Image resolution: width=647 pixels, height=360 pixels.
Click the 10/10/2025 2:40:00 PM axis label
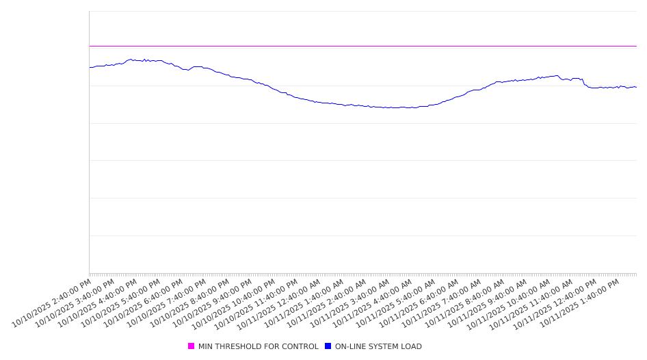point(51,302)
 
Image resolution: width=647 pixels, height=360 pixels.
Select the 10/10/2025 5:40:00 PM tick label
point(120,302)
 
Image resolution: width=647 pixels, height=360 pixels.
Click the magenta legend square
point(192,346)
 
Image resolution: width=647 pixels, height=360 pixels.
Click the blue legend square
point(328,346)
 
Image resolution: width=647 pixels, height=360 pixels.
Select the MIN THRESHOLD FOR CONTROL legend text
point(258,346)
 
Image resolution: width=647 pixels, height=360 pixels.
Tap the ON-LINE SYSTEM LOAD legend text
point(378,346)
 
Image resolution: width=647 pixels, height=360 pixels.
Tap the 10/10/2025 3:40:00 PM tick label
point(75,302)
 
